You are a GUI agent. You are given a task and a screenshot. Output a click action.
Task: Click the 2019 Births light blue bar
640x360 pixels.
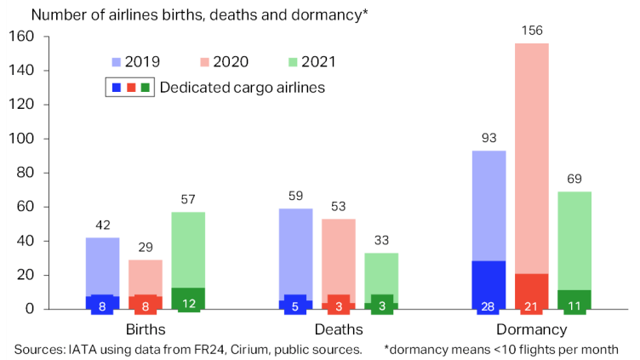(102, 266)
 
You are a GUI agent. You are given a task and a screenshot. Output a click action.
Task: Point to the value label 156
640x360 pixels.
(531, 31)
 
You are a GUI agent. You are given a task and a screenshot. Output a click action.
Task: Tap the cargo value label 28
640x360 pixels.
(489, 306)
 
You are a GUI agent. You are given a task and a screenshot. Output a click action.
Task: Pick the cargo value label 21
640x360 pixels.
(531, 306)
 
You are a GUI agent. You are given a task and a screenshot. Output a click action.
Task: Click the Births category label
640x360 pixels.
(145, 329)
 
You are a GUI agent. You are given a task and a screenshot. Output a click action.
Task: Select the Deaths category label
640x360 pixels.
(339, 329)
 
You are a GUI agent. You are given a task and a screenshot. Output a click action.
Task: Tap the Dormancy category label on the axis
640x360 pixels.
(531, 329)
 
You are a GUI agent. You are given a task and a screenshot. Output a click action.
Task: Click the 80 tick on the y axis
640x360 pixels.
(25, 173)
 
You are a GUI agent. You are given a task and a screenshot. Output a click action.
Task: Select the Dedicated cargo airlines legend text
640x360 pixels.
(243, 87)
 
